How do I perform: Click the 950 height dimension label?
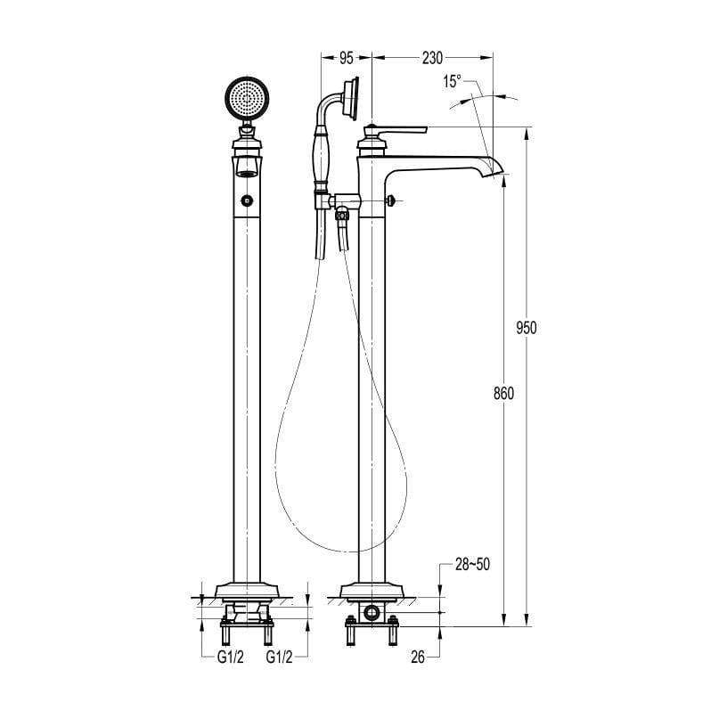tap(527, 327)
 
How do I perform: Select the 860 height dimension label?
tap(503, 393)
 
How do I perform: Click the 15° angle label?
tap(453, 82)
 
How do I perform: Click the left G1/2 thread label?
tap(231, 657)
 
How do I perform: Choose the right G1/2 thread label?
tap(281, 657)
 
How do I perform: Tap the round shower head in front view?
tap(247, 98)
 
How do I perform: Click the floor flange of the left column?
tap(247, 590)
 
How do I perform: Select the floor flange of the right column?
tap(372, 590)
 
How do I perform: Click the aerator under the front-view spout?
tap(247, 168)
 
